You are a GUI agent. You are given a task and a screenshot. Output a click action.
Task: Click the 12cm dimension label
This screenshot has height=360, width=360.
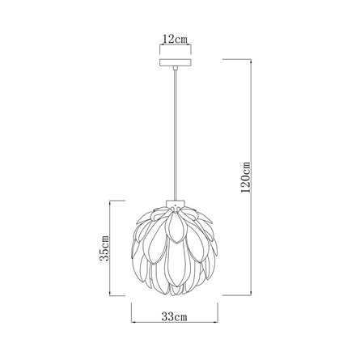[x=175, y=40]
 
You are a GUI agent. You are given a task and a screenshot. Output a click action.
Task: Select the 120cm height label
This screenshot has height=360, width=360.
[x=246, y=177]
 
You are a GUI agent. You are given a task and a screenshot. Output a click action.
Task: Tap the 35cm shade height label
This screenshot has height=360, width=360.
[x=104, y=248]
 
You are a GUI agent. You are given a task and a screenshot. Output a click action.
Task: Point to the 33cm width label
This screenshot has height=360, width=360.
[x=174, y=316]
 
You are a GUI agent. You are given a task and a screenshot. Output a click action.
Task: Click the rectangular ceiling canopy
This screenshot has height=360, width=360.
[x=176, y=62]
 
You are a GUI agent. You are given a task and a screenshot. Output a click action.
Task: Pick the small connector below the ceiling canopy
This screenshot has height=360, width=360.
[x=176, y=68]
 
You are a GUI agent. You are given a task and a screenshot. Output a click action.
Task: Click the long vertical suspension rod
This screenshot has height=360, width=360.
[x=176, y=135]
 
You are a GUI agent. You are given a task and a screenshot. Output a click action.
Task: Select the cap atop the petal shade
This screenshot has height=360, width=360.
[x=176, y=204]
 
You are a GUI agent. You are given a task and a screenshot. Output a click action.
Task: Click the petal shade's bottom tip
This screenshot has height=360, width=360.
[x=176, y=294]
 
